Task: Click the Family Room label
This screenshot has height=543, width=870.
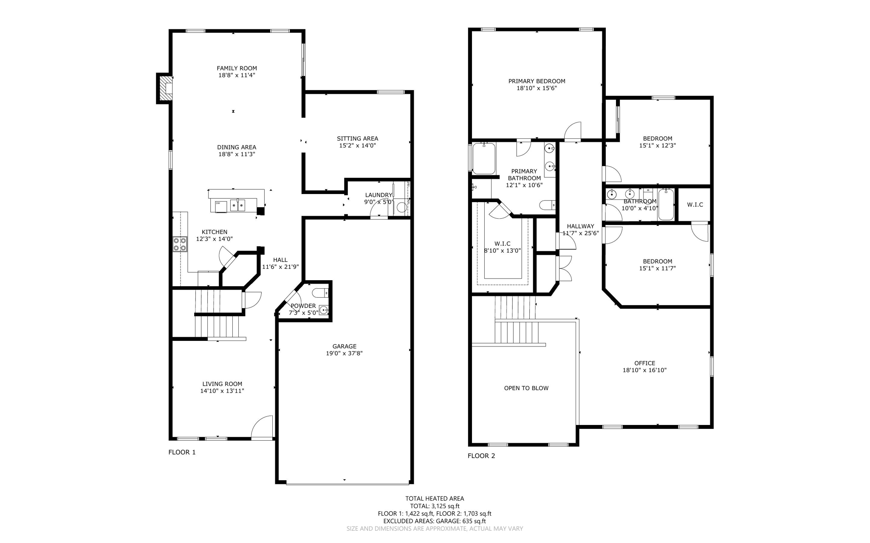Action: pos(237,68)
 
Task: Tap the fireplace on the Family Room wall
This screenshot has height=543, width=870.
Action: pos(165,88)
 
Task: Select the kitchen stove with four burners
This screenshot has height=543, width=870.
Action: pos(180,244)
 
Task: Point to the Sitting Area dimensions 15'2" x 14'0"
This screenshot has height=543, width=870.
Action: pos(357,146)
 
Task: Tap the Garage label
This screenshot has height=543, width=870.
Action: pos(345,346)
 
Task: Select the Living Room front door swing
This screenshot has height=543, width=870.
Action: pos(262,427)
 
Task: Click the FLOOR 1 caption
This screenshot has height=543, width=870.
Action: pos(182,452)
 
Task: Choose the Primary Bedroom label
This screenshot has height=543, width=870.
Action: pos(537,81)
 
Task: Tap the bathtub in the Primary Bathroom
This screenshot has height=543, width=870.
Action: pos(484,158)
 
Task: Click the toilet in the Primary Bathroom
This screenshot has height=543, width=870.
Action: pos(548,205)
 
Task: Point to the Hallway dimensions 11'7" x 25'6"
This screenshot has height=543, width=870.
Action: pos(581,233)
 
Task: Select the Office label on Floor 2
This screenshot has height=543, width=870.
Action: pos(645,363)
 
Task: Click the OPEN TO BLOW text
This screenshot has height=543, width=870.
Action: pos(526,388)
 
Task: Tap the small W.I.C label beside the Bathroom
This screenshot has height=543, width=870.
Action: pos(695,205)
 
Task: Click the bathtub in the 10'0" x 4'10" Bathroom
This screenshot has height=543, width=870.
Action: pos(666,205)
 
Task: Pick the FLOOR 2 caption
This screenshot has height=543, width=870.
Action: pos(481,456)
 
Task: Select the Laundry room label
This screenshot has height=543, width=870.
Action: pos(379,195)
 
